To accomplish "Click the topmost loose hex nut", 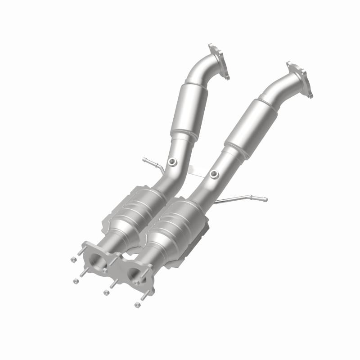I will point(73,260).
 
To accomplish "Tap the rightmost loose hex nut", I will point(137,305).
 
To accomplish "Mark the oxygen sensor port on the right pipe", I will point(213,173).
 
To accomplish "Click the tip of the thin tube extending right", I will point(265,199).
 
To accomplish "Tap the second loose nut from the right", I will point(106,292).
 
